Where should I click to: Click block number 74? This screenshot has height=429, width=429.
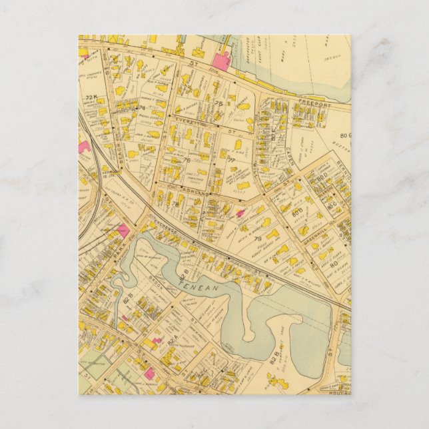click(141, 107)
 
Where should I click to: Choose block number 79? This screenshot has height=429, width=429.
click(256, 238)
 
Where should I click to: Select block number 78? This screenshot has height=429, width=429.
click(175, 203)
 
